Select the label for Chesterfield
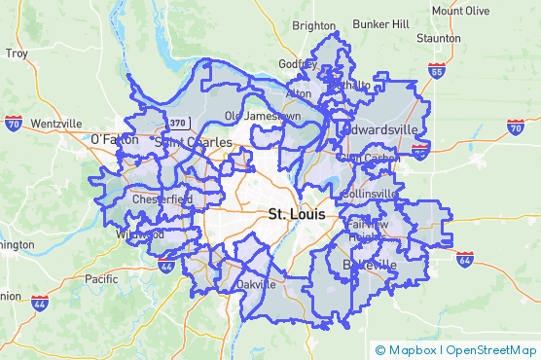pyautogui.click(x=161, y=199)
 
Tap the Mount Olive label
pyautogui.click(x=460, y=11)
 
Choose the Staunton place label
pyautogui.click(x=438, y=39)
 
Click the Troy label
pyautogui.click(x=16, y=54)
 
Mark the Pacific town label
pyautogui.click(x=100, y=278)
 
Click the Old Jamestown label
pyautogui.click(x=263, y=116)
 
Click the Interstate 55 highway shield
pyautogui.click(x=437, y=71)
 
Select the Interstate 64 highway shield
pyautogui.click(x=464, y=260)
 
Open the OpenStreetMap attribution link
pyautogui.click(x=492, y=350)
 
